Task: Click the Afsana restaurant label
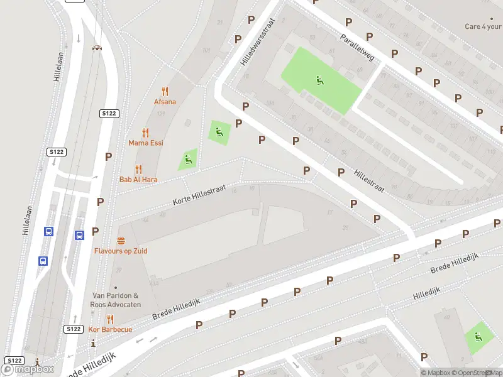(165, 102)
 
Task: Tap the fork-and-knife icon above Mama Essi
(146, 133)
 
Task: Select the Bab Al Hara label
(138, 180)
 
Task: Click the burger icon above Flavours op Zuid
(121, 241)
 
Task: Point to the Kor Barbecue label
(110, 329)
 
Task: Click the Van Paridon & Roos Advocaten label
(116, 299)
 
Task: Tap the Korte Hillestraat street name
(199, 194)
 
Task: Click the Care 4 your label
(483, 26)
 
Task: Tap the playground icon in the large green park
(320, 80)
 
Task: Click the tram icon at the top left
(97, 47)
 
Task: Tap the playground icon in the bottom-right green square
(478, 337)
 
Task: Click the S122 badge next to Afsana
(109, 113)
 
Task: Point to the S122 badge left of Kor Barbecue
(74, 329)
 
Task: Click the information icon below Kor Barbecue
(94, 343)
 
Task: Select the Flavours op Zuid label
(121, 251)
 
